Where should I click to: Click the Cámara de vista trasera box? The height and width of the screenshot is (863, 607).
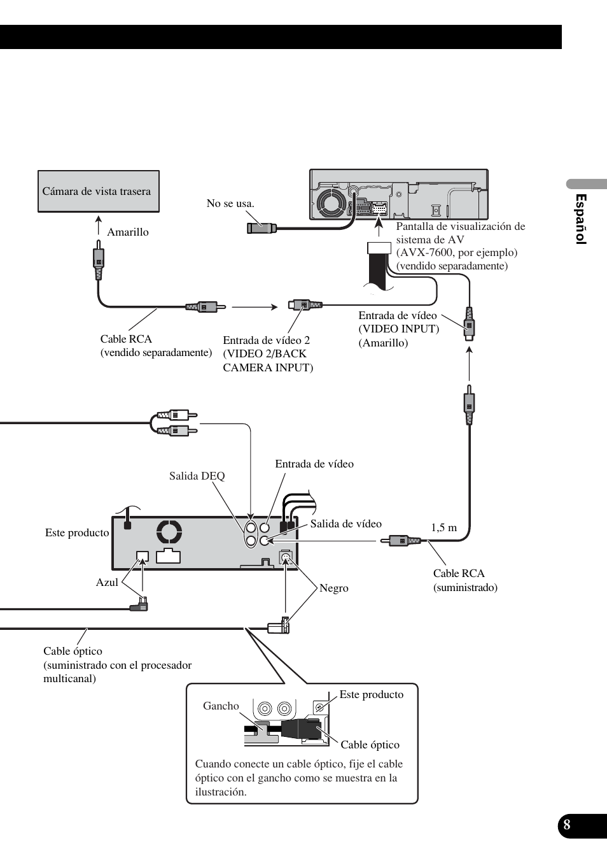point(99,191)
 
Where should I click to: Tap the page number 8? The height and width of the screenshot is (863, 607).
point(566,825)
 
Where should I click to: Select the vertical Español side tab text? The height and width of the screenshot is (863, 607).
point(580,219)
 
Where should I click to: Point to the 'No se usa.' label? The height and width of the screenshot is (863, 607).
point(230,203)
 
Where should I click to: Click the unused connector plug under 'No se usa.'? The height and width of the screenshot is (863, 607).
point(262,228)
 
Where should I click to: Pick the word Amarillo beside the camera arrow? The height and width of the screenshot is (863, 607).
point(128,232)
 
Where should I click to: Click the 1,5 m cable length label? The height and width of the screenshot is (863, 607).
point(444,527)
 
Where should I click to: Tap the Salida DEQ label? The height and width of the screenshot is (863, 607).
point(197,476)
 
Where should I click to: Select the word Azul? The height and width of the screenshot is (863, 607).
point(107,582)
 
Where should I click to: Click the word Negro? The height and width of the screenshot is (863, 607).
point(333,588)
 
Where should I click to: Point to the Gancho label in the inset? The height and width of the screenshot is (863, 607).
point(221,706)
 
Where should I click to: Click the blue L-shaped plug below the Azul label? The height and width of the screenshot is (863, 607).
point(139,605)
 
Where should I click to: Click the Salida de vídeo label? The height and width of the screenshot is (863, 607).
point(346,524)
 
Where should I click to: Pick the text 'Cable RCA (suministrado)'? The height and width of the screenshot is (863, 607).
point(465,580)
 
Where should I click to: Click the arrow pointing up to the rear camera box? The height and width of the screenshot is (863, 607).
point(99,225)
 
